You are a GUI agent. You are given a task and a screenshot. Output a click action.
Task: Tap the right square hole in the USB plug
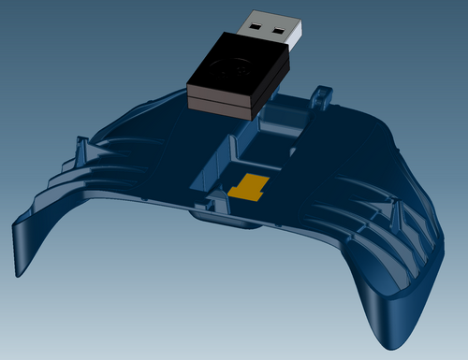click(x=279, y=30)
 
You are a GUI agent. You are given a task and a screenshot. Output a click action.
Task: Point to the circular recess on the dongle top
click(x=232, y=66)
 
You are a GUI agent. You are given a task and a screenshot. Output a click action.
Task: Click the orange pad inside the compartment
click(x=249, y=187)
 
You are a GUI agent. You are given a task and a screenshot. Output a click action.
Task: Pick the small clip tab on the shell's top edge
click(x=322, y=94)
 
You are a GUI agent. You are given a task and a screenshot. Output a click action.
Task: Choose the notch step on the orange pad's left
click(x=234, y=192)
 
